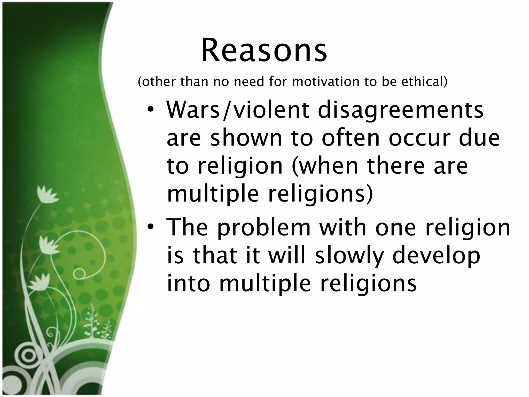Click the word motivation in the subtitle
326,82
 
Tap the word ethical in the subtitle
424,82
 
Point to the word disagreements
400,110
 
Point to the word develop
436,256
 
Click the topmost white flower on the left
46,194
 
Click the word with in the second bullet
343,227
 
